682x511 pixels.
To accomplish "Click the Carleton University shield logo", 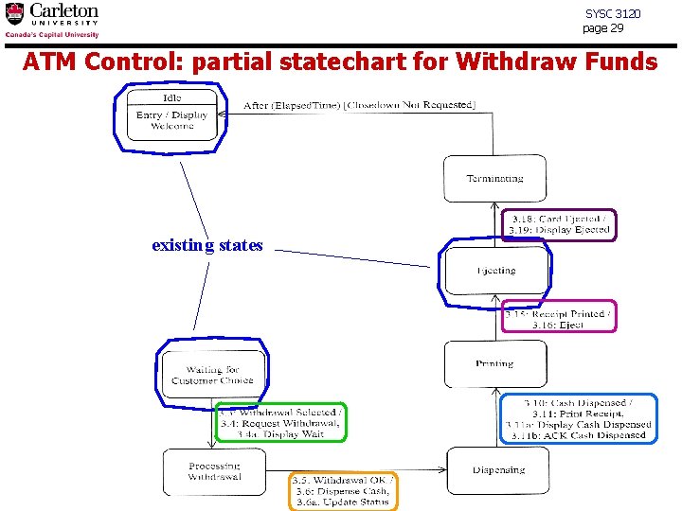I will pyautogui.click(x=15, y=14).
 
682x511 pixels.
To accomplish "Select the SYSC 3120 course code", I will pyautogui.click(x=612, y=14).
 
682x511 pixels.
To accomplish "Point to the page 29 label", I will pyautogui.click(x=603, y=28).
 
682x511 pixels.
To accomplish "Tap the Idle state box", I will pyautogui.click(x=172, y=115).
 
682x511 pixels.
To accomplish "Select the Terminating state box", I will pyautogui.click(x=494, y=178).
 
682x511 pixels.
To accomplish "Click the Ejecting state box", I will pyautogui.click(x=495, y=271).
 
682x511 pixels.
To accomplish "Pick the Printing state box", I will pyautogui.click(x=494, y=363).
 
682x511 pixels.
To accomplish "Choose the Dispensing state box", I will pyautogui.click(x=498, y=470).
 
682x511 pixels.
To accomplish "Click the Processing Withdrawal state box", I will pyautogui.click(x=214, y=471).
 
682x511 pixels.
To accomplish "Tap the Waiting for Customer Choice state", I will pyautogui.click(x=213, y=375).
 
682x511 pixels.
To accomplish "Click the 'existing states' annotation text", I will pyautogui.click(x=206, y=245).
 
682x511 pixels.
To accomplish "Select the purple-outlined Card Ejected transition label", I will pyautogui.click(x=559, y=225).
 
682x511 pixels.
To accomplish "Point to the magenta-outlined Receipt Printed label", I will pyautogui.click(x=558, y=318).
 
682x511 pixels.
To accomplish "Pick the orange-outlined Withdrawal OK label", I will pyautogui.click(x=342, y=490).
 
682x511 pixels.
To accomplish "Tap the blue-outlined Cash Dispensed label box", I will pyautogui.click(x=578, y=419).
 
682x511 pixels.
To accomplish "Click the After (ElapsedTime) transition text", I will pyautogui.click(x=359, y=105).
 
